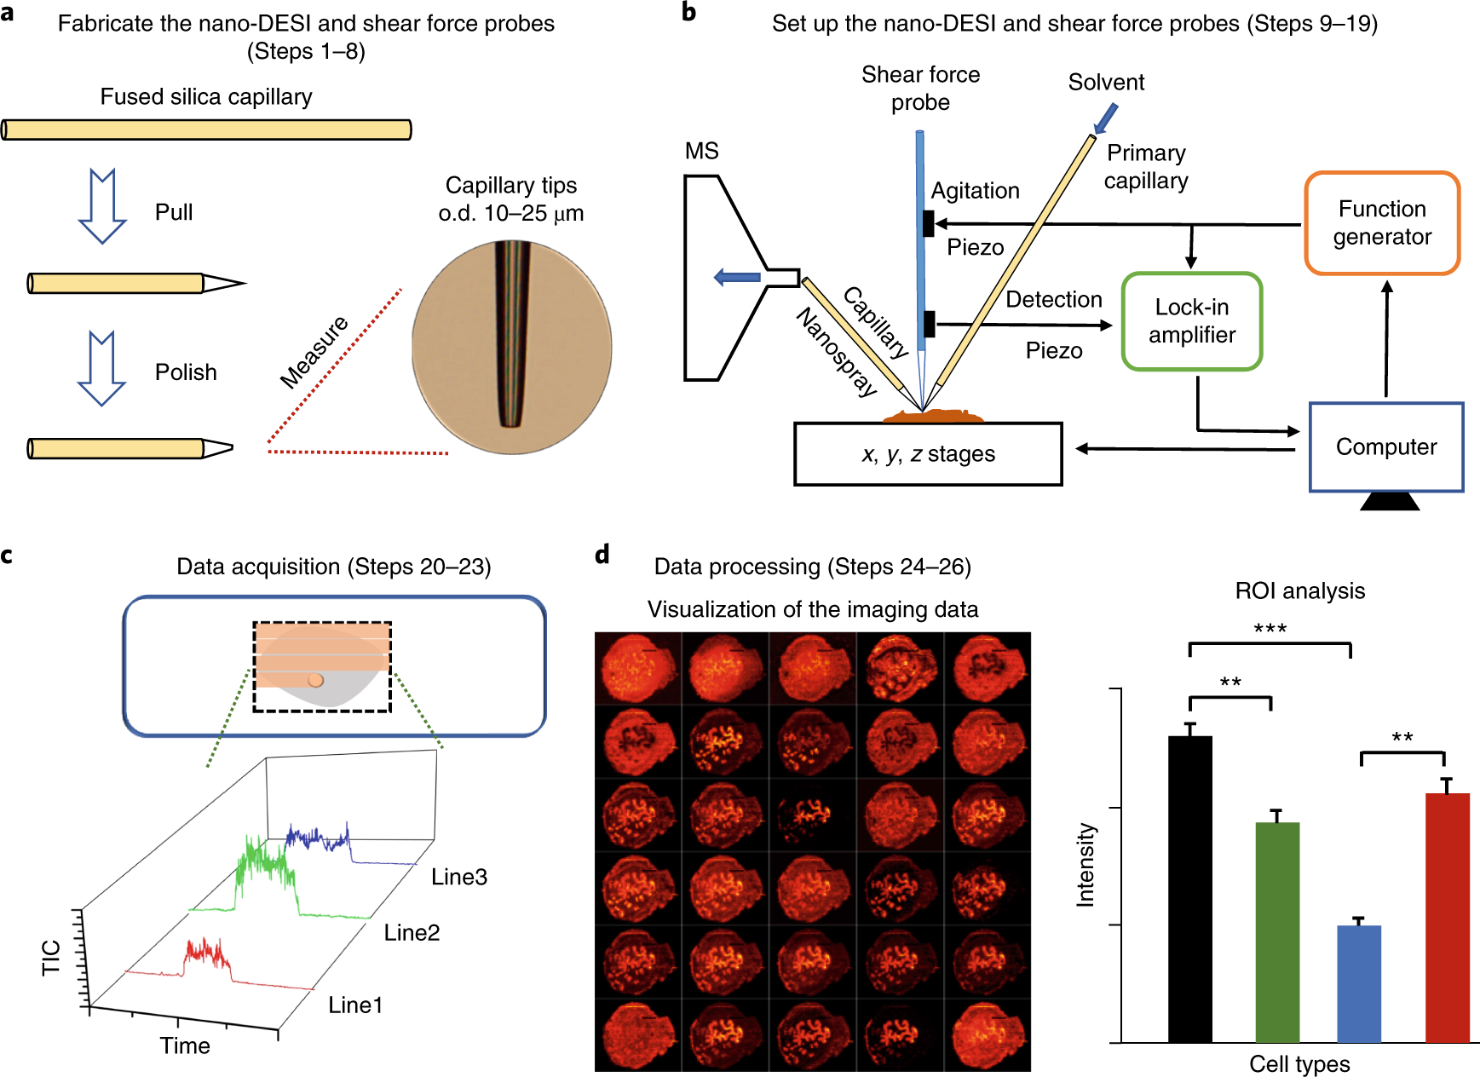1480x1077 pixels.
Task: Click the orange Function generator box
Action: point(1381,223)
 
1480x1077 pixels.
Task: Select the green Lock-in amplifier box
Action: point(1191,321)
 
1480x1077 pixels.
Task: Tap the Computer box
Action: point(1385,447)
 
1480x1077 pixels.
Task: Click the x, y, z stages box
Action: point(928,454)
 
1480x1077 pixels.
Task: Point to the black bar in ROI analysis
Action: point(1189,886)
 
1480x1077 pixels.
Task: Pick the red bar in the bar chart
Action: point(1447,916)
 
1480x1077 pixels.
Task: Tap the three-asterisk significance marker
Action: point(1270,630)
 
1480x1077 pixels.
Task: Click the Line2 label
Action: point(412,933)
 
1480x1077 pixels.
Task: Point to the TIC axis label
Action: point(51,957)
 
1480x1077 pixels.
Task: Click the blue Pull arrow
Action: point(102,207)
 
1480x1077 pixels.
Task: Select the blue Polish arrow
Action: point(102,369)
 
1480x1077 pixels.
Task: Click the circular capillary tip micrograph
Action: point(511,347)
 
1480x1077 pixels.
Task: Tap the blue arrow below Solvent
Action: point(1105,118)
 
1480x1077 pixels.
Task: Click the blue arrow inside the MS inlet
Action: point(737,277)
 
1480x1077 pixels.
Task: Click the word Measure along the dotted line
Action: point(314,352)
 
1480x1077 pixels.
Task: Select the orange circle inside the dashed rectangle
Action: point(315,680)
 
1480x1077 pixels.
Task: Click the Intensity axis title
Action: point(1085,864)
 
